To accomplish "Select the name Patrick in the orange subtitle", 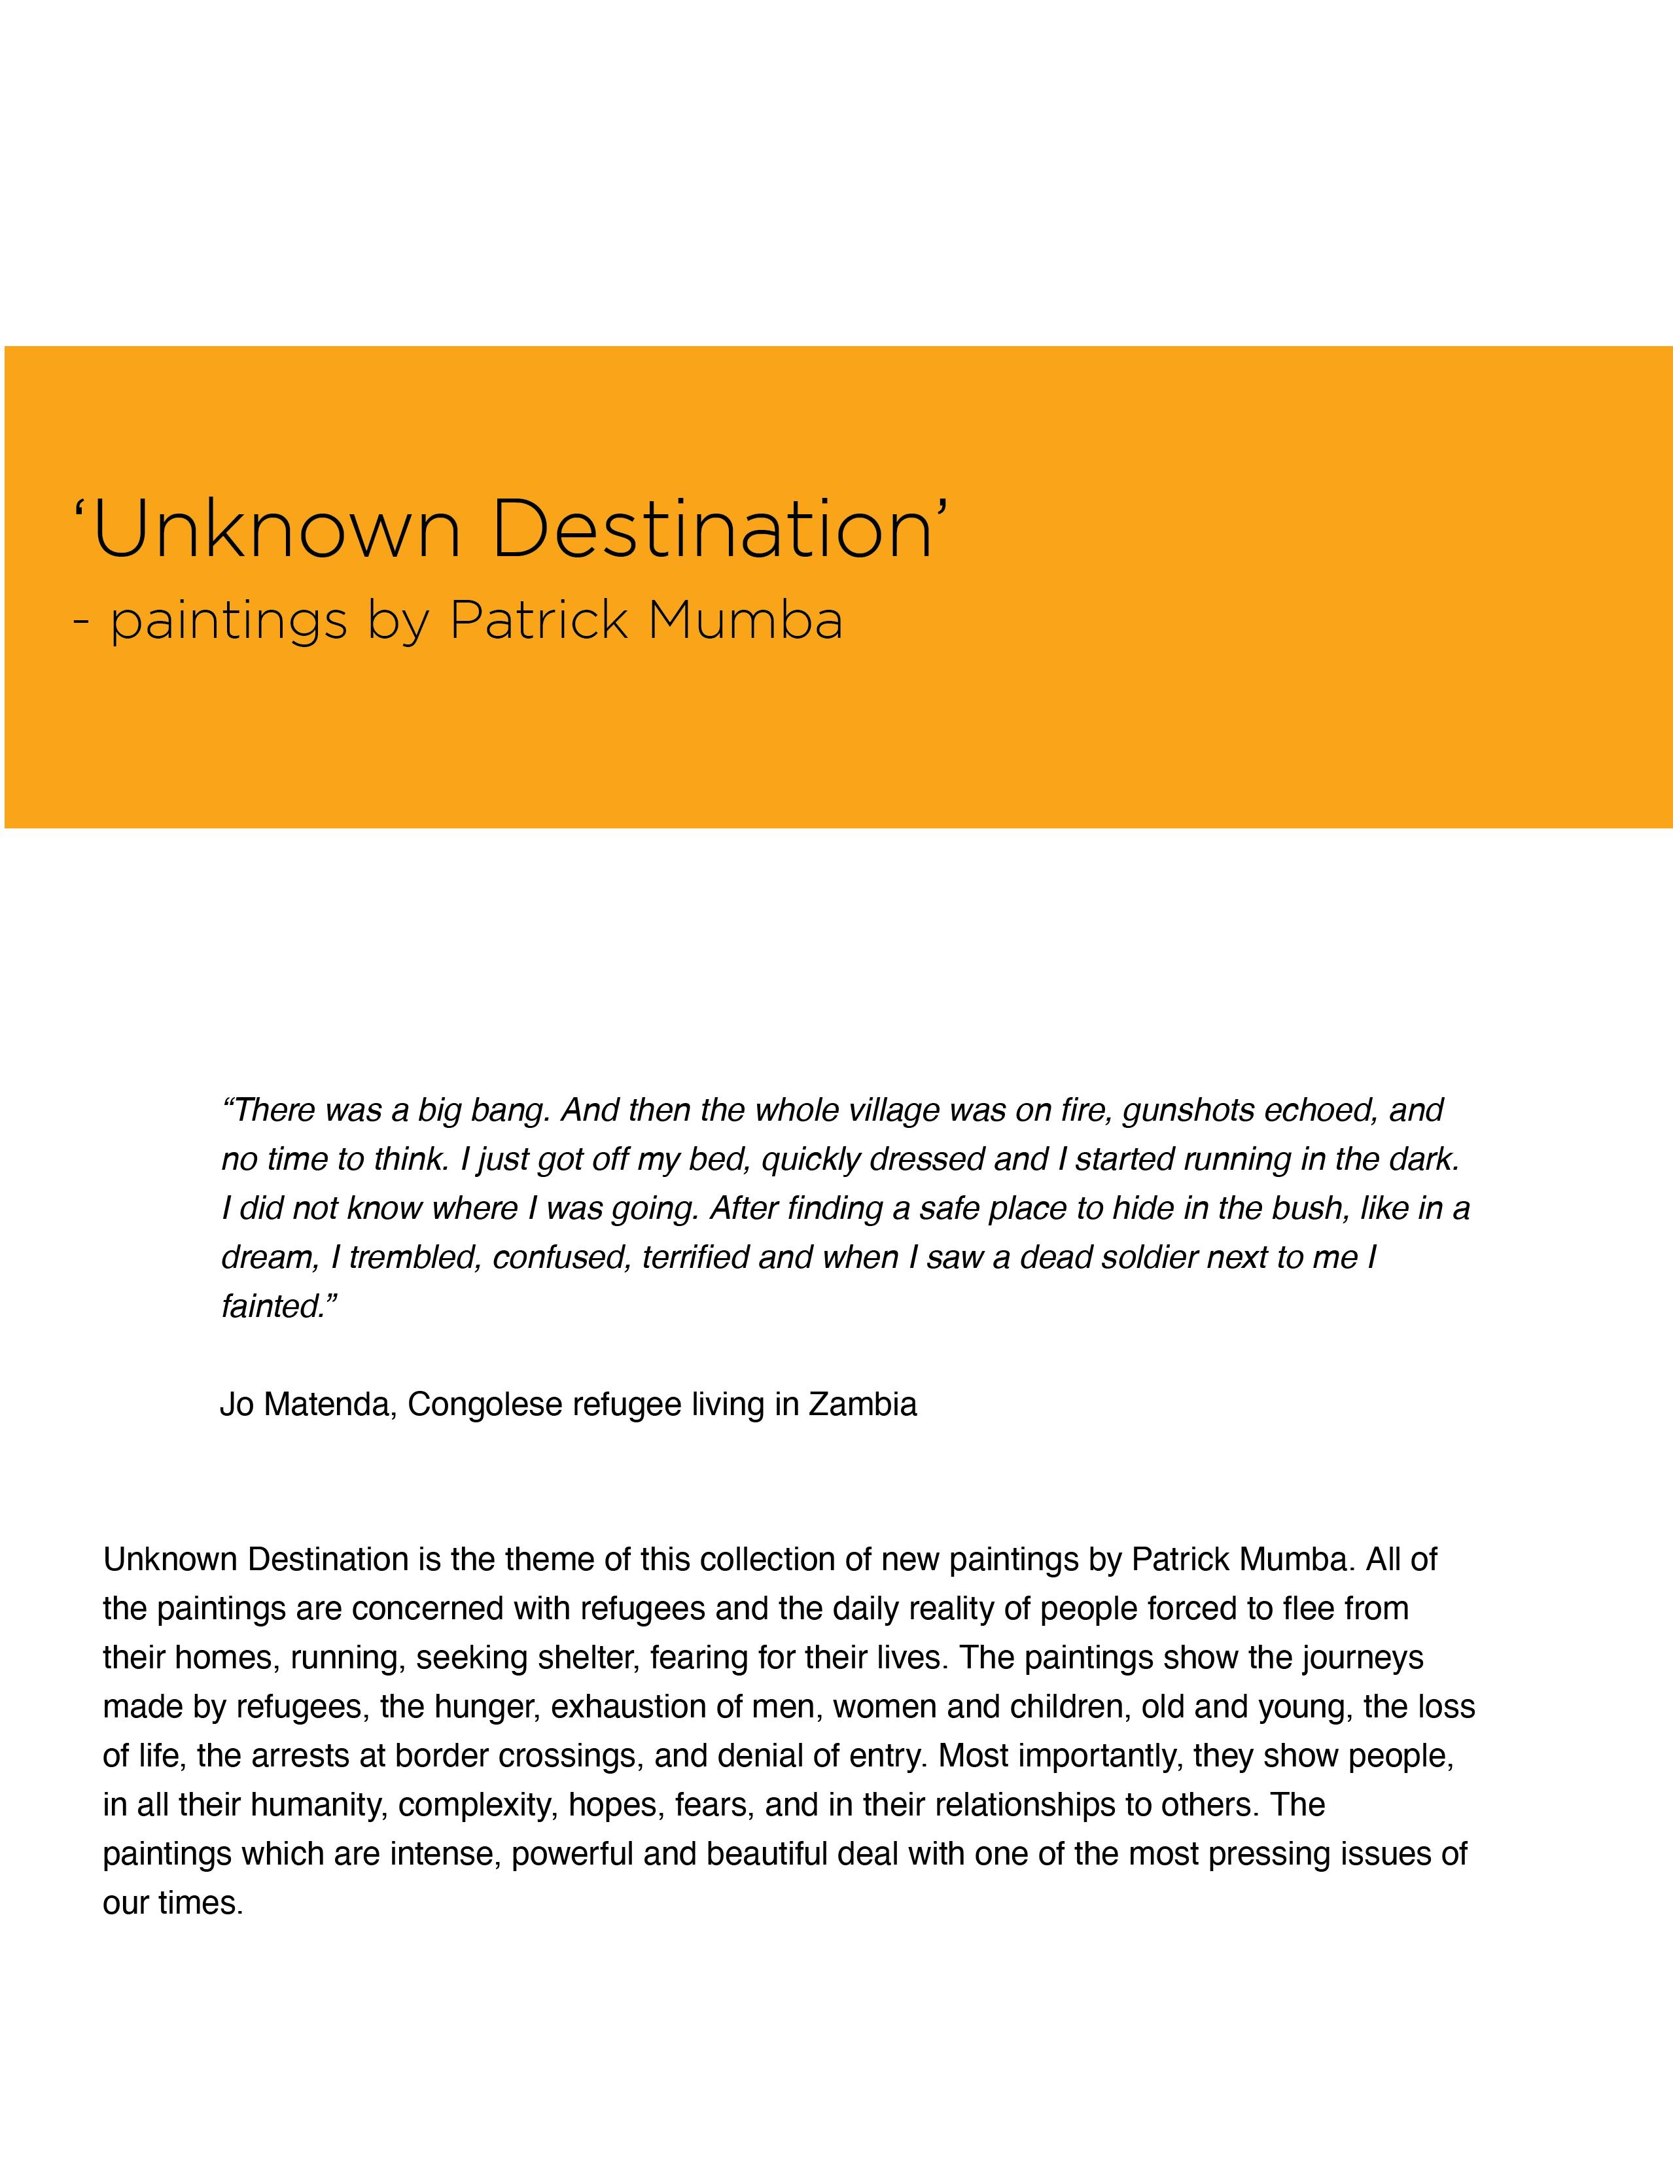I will point(539,621).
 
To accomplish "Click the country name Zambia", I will point(862,1405).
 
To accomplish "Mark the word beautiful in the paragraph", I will point(767,1853).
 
